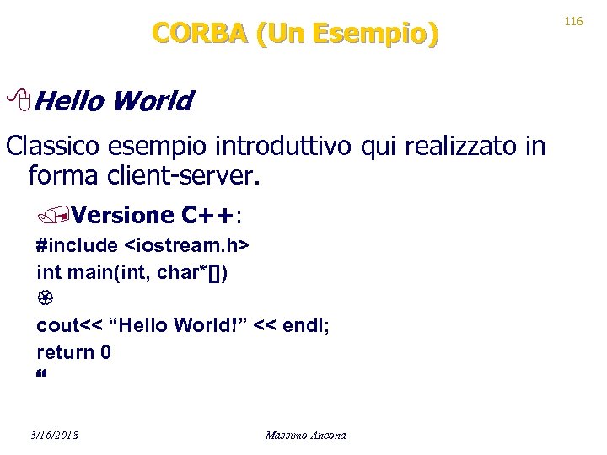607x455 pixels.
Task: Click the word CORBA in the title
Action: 200,34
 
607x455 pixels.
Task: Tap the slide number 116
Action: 574,20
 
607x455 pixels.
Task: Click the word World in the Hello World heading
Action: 153,102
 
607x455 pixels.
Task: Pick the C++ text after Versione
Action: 208,215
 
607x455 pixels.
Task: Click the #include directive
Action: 77,245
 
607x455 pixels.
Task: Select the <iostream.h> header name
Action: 186,245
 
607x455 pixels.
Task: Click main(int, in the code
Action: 104,272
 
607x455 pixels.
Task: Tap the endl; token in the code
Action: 307,326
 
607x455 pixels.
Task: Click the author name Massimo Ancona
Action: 305,435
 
